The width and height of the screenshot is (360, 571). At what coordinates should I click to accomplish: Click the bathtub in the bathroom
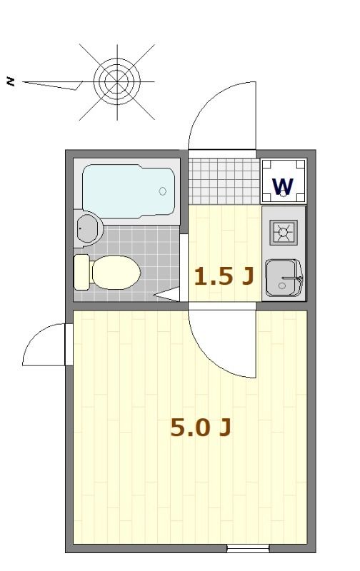[129, 190]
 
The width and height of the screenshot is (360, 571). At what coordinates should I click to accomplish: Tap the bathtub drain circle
[163, 191]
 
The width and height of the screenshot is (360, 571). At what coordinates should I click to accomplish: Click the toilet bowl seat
[116, 272]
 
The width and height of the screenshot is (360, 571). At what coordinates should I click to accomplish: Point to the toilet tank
[82, 272]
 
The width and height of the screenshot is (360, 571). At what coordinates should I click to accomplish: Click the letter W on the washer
[283, 186]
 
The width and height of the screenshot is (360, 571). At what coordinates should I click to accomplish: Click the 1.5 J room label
[224, 276]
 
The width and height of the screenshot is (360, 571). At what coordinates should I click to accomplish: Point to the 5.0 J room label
[200, 428]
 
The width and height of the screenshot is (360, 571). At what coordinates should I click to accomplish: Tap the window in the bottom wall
[248, 548]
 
